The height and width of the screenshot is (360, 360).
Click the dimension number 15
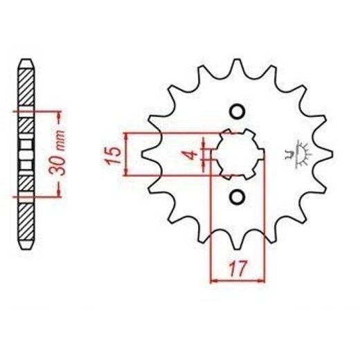click(114, 155)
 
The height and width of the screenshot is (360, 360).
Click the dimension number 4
click(192, 154)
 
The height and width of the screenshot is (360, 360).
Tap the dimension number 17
click(238, 269)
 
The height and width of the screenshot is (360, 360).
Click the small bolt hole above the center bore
click(237, 112)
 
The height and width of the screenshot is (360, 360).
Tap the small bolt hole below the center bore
click(237, 197)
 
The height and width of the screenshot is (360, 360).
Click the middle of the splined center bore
click(238, 154)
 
